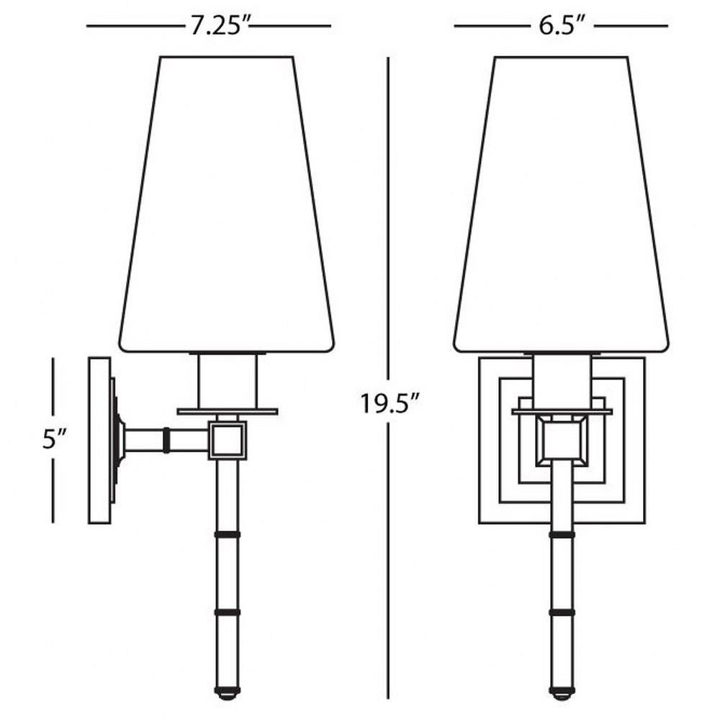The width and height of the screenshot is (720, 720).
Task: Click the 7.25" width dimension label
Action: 219,27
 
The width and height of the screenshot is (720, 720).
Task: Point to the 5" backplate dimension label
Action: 55,441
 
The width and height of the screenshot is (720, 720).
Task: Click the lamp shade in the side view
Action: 226,204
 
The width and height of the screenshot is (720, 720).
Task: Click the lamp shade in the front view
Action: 561,204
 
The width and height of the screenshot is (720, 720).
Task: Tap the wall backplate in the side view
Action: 99,441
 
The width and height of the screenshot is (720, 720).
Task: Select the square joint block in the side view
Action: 228,440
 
